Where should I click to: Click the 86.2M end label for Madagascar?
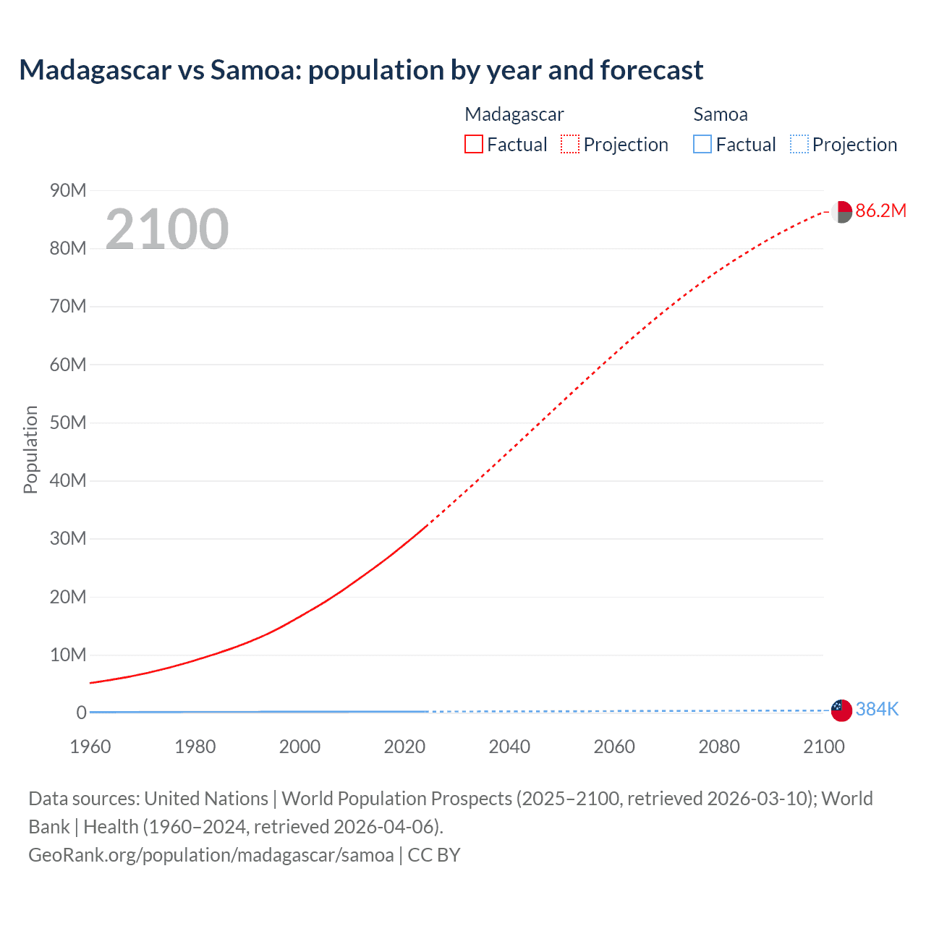(880, 211)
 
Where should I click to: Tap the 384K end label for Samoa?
(877, 709)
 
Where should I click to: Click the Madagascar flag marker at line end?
(841, 212)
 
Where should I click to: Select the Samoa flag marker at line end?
(841, 710)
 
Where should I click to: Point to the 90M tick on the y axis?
(68, 190)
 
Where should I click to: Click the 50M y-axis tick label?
(68, 422)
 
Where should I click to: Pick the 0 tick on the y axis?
(81, 713)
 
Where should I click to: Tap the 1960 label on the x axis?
(90, 747)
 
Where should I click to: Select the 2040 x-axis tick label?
(509, 747)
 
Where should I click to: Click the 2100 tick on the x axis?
(823, 747)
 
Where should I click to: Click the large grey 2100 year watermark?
(167, 229)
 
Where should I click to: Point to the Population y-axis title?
(30, 449)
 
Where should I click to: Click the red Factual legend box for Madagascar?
(473, 144)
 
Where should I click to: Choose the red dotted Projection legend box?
(570, 144)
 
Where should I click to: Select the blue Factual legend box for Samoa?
(702, 144)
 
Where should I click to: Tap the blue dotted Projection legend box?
(799, 144)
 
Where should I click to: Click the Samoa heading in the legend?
(720, 114)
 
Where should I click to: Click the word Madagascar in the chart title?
(95, 70)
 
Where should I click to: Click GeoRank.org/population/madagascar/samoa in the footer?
(211, 855)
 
